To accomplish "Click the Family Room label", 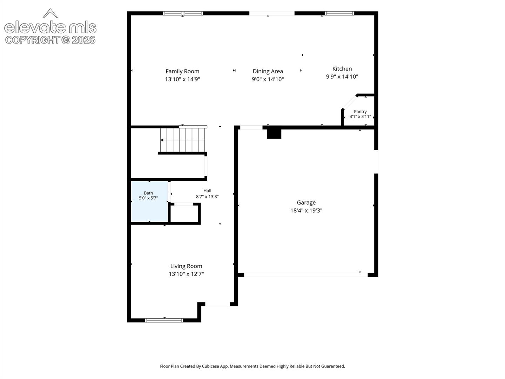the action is (182, 71).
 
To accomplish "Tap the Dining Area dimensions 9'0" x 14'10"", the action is (268, 79).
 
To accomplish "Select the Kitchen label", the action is (342, 69).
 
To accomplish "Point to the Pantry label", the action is (360, 112).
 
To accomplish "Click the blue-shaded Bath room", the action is (149, 201).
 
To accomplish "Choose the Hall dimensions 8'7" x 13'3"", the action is (207, 197).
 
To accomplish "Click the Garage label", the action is (306, 203).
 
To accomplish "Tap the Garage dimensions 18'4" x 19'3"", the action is (306, 211).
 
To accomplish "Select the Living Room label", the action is (186, 266).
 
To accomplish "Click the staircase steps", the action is (182, 140).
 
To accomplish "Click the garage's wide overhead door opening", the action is (306, 275).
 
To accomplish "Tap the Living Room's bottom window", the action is (164, 320).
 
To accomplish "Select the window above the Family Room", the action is (183, 13).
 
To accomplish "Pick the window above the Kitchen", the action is (339, 13).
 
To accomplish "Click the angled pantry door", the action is (350, 102).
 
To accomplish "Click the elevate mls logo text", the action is (50, 27).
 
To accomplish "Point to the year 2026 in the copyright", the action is (83, 40).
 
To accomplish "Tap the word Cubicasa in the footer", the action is (210, 366).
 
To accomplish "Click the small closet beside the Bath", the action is (184, 214).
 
